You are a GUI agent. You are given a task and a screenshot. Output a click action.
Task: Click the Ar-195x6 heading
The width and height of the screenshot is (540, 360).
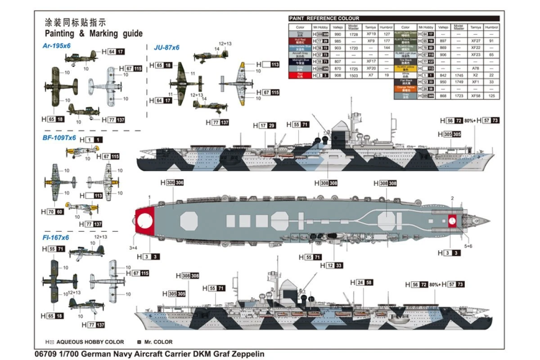[57, 45]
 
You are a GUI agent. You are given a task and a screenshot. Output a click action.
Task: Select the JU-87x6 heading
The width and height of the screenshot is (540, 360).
[166, 47]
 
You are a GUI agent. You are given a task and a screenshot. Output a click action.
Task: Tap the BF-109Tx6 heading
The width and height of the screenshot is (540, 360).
[59, 138]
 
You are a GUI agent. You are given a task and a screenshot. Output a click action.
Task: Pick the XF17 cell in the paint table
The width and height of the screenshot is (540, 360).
[371, 61]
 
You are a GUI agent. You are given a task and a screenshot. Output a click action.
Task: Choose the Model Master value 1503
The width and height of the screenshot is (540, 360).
[354, 75]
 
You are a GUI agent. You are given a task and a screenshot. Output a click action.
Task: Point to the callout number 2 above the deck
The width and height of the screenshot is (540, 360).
[452, 198]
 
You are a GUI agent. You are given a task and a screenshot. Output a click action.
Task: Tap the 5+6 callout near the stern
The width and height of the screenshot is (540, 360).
[468, 246]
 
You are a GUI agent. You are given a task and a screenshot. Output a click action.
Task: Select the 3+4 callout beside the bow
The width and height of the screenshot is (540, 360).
[133, 247]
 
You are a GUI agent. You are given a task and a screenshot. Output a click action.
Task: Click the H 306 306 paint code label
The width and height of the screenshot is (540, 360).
[172, 183]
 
